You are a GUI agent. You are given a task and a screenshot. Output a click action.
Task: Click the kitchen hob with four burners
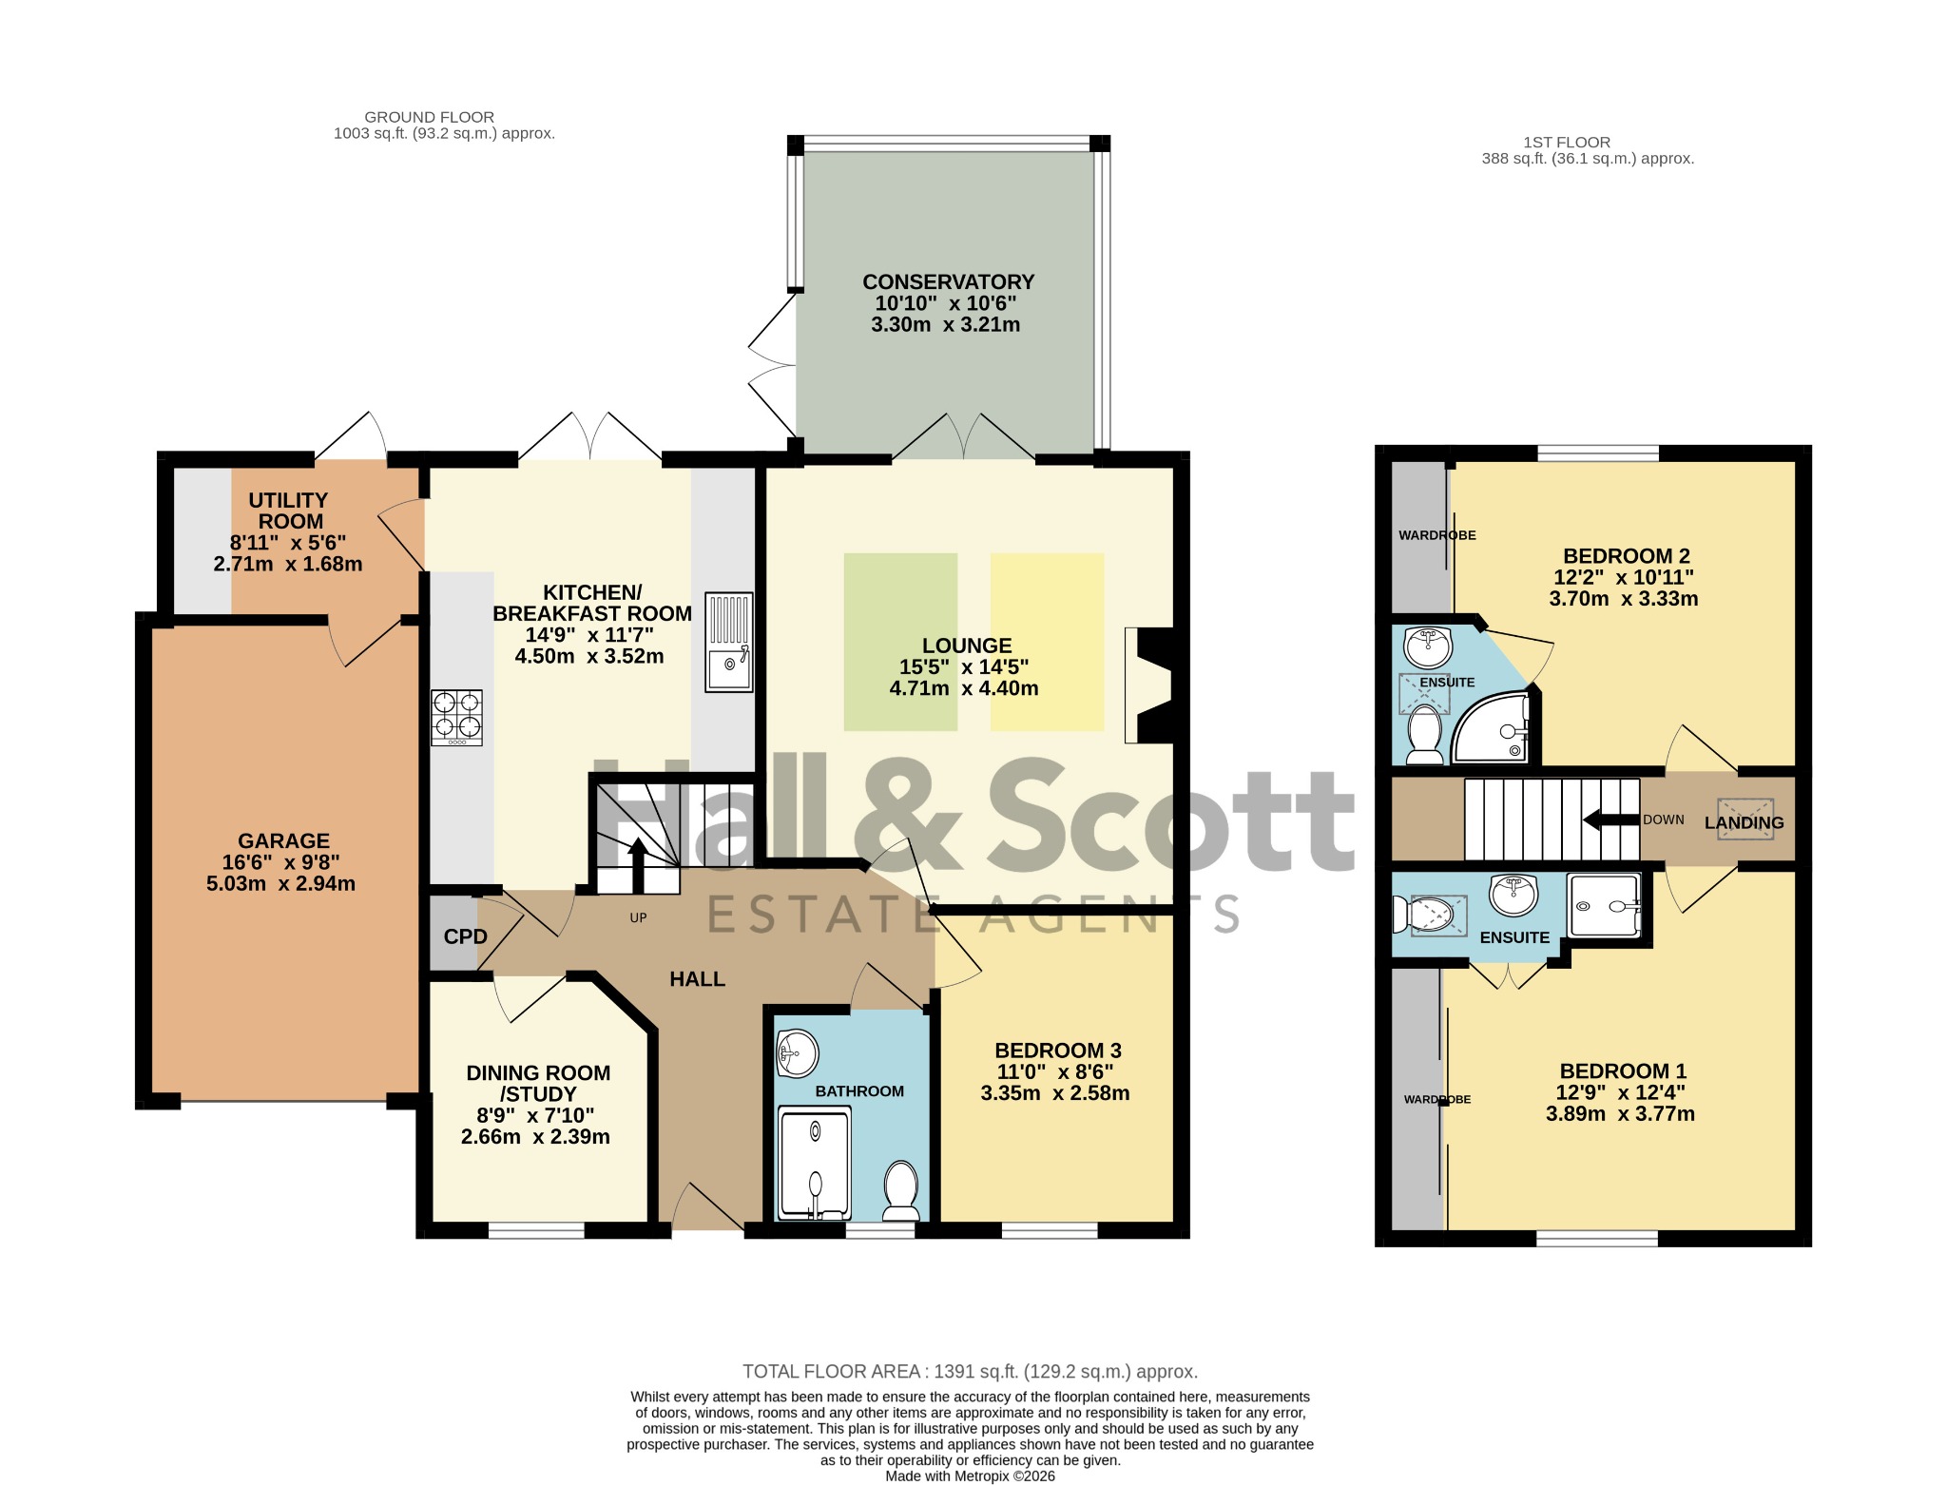[456, 717]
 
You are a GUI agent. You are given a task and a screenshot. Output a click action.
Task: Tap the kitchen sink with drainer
[729, 642]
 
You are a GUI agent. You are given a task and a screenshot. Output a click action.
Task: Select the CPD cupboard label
[466, 936]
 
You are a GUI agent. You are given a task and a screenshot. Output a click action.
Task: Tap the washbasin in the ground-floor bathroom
[797, 1053]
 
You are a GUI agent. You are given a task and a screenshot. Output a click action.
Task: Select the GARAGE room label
[283, 841]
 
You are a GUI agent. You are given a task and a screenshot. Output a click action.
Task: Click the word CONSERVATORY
[948, 282]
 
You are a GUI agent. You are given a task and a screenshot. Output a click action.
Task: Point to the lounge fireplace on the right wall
[1149, 685]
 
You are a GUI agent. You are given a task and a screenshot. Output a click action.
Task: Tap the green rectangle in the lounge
[900, 642]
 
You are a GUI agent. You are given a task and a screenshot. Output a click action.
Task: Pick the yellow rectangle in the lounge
[1048, 642]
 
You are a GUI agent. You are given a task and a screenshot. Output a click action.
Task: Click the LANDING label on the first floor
[1744, 823]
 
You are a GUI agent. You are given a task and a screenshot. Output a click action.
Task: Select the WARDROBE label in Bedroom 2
[1436, 535]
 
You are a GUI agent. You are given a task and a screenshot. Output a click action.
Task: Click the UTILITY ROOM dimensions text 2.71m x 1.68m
[288, 564]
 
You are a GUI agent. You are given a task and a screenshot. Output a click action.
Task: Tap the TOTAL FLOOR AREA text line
[970, 1372]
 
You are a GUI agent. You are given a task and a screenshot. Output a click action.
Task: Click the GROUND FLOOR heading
[430, 117]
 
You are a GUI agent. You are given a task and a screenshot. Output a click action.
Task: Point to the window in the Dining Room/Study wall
[536, 1231]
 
